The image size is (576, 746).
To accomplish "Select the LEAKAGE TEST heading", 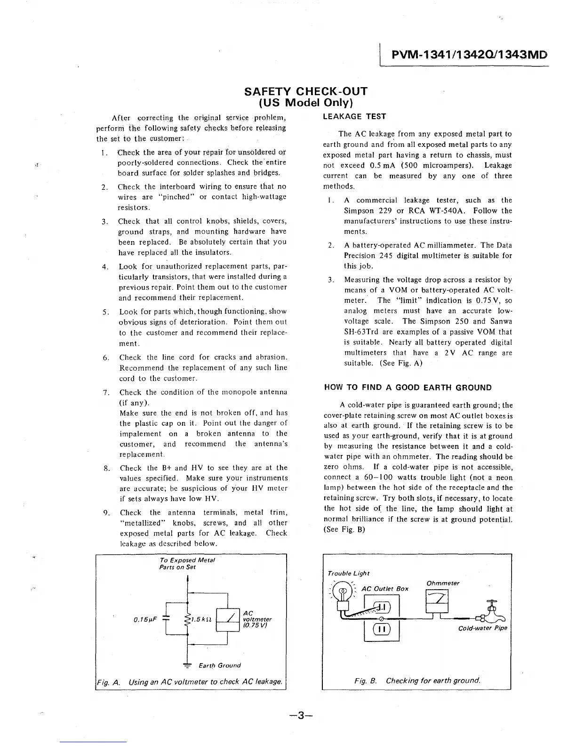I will pos(354,116).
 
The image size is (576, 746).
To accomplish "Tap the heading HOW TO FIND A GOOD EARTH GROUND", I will pos(408,388).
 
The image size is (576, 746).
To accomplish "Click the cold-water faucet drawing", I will pos(490,611).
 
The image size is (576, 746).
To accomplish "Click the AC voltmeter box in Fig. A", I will pos(227,619).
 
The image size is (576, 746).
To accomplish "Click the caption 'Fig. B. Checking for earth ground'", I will pos(417,681).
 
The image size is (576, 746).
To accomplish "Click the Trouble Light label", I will pos(348,573).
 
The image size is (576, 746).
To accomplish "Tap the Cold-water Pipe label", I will pos(482,628).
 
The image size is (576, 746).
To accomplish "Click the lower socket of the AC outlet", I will pos(381,629).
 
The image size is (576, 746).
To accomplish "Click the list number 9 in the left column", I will pos(106,512).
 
